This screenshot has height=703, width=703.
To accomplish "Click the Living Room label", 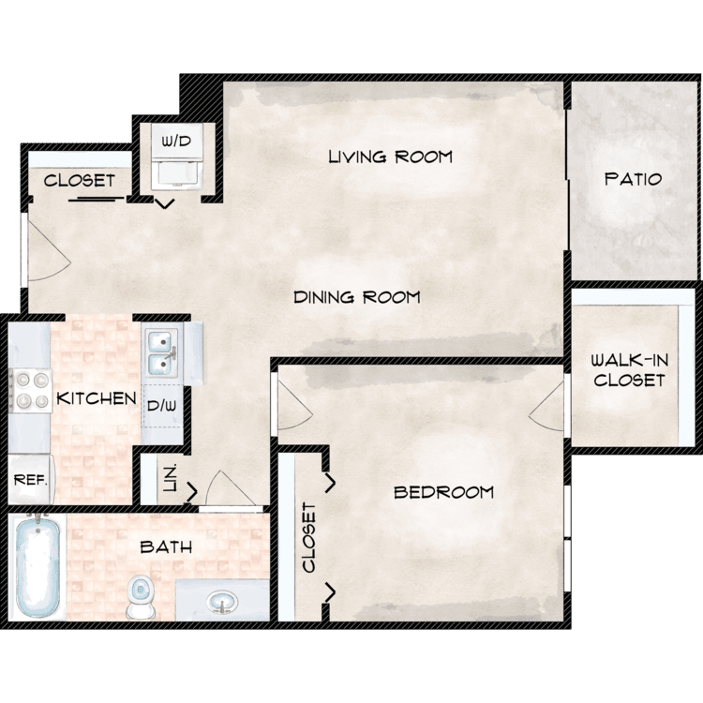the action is pyautogui.click(x=391, y=157).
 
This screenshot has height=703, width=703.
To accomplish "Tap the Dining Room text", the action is pyautogui.click(x=357, y=297).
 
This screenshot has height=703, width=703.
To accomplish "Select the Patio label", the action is pyautogui.click(x=633, y=179).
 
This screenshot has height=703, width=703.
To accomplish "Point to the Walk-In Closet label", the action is pyautogui.click(x=629, y=370).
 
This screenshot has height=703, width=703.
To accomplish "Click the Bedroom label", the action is pyautogui.click(x=443, y=492).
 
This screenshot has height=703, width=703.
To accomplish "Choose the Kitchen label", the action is pyautogui.click(x=97, y=398).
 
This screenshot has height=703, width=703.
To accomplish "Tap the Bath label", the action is pyautogui.click(x=166, y=546).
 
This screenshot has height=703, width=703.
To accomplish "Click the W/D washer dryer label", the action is pyautogui.click(x=176, y=142).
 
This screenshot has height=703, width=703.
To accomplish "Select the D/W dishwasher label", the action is pyautogui.click(x=162, y=406).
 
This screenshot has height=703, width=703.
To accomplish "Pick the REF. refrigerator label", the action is pyautogui.click(x=31, y=480).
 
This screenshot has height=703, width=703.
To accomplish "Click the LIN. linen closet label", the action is pyautogui.click(x=171, y=478).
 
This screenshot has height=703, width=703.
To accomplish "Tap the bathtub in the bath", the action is pyautogui.click(x=37, y=565).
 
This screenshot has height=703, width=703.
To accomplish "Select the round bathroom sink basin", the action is pyautogui.click(x=222, y=602).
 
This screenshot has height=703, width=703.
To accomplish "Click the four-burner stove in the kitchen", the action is pyautogui.click(x=31, y=391).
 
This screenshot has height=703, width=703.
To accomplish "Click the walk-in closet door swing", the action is pyautogui.click(x=546, y=406).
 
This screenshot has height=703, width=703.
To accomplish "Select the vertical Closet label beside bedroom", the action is pyautogui.click(x=309, y=538).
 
